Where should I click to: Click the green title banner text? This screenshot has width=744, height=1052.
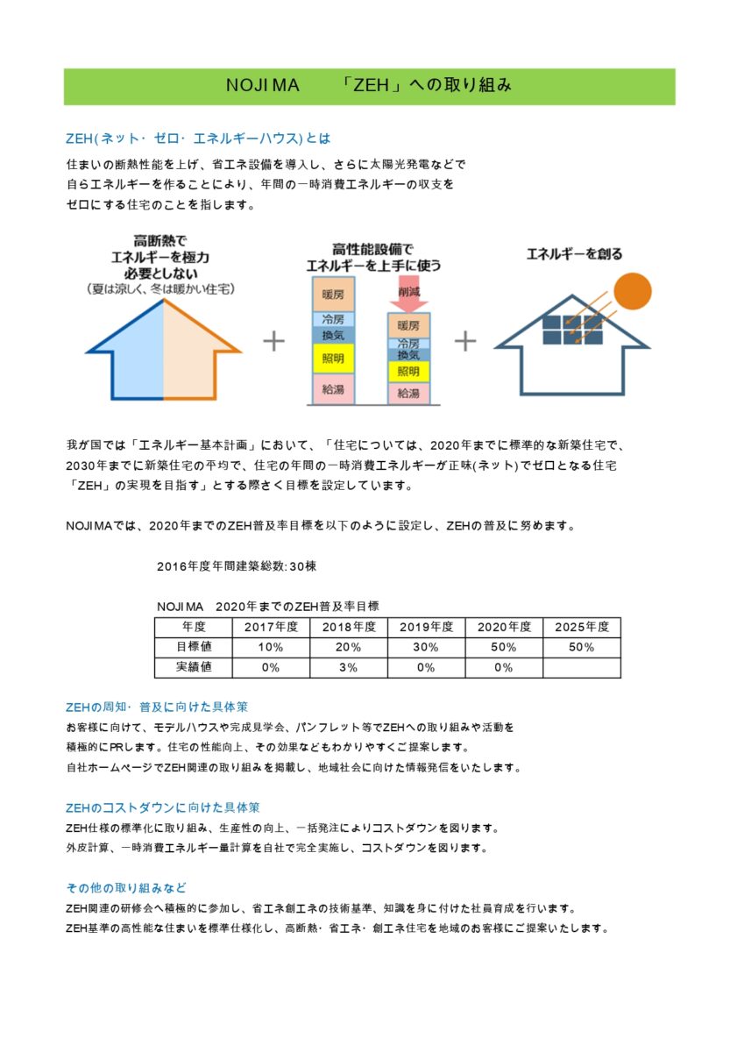[369, 86]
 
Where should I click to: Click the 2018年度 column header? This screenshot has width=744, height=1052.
[349, 627]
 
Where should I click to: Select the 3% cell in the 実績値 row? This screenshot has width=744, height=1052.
[349, 667]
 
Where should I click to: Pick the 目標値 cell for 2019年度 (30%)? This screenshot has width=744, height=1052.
[426, 647]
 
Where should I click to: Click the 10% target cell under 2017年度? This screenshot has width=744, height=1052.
[271, 647]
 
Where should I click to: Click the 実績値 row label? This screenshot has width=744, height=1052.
[193, 667]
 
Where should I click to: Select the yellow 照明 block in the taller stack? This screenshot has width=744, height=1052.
[332, 359]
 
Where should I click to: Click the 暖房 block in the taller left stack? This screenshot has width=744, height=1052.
[332, 293]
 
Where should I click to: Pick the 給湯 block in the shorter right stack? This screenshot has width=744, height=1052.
[408, 393]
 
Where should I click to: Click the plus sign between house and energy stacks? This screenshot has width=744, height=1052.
[274, 341]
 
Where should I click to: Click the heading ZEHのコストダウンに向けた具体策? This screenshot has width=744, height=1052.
[163, 807]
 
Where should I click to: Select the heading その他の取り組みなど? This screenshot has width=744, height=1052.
[126, 887]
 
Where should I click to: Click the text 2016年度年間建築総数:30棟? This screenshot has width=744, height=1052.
[237, 566]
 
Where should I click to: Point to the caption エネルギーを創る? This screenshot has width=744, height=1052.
[574, 254]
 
